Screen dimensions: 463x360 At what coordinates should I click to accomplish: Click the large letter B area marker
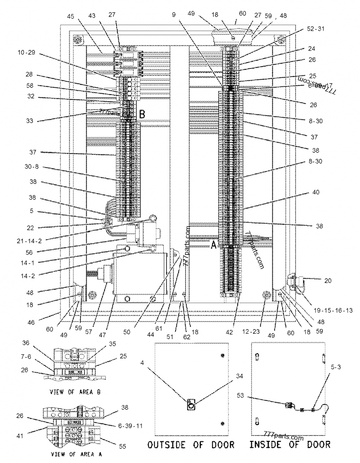(x=141, y=115)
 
